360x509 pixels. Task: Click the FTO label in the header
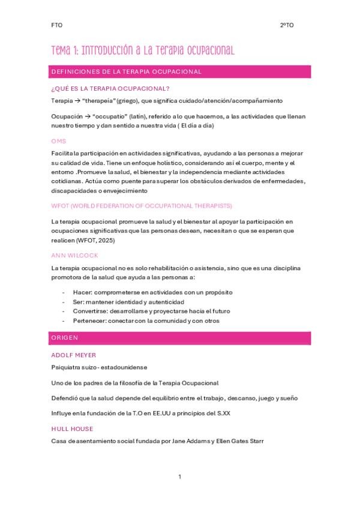point(57,25)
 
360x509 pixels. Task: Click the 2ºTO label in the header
point(287,25)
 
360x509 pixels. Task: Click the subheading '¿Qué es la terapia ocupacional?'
point(102,88)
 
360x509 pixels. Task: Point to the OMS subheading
point(59,140)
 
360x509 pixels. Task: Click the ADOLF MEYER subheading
point(74,355)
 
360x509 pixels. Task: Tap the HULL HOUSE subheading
point(72,429)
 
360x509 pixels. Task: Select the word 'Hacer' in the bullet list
point(82,292)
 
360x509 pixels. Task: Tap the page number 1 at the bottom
point(179,477)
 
